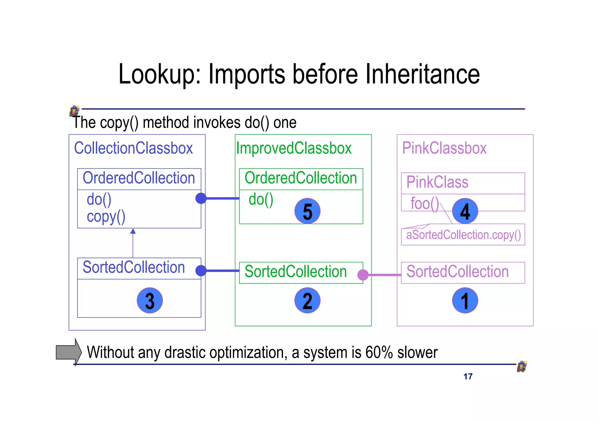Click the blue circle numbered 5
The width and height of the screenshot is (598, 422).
[x=307, y=211]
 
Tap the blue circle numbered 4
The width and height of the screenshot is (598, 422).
[x=465, y=211]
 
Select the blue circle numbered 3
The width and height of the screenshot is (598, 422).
[x=149, y=300]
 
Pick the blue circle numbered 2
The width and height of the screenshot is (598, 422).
[x=307, y=300]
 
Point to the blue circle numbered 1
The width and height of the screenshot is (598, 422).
[x=465, y=300]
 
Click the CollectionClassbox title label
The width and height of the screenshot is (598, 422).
[x=133, y=148]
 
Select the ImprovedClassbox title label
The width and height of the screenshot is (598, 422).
[x=294, y=148]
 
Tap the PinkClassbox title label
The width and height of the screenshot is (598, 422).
[x=444, y=148]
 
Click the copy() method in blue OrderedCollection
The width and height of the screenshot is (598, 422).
[x=106, y=217]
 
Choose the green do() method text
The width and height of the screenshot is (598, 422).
[x=261, y=199]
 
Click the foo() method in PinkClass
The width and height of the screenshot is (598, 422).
[x=425, y=203]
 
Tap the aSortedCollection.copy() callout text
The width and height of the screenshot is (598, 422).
[x=463, y=235]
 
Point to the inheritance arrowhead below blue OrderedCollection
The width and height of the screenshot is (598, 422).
[x=133, y=231]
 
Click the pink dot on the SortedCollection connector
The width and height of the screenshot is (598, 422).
[x=363, y=275]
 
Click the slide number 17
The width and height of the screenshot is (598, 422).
[x=468, y=377]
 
